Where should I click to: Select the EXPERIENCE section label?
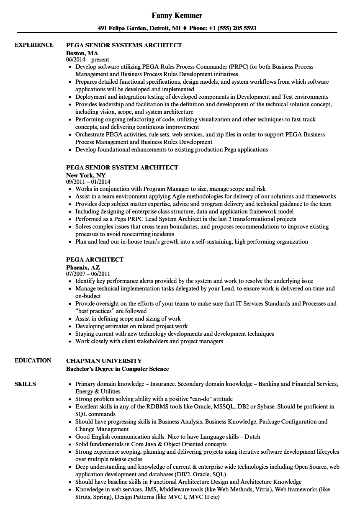pos(34,45)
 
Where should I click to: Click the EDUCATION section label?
pos(33,360)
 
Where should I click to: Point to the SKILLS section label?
pos(25,384)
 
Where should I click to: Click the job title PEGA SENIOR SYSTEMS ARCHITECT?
pos(124,45)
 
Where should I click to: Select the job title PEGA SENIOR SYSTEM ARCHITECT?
pos(122,167)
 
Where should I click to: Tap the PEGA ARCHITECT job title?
pos(95,259)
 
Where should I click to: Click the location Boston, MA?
pos(82,53)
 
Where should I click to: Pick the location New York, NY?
pos(86,175)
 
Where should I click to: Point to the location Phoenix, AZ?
pos(83,267)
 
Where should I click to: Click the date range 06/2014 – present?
pos(87,60)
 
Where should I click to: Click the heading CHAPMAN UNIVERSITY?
pos(104,361)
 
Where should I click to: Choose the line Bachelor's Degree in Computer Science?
pos(118,369)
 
